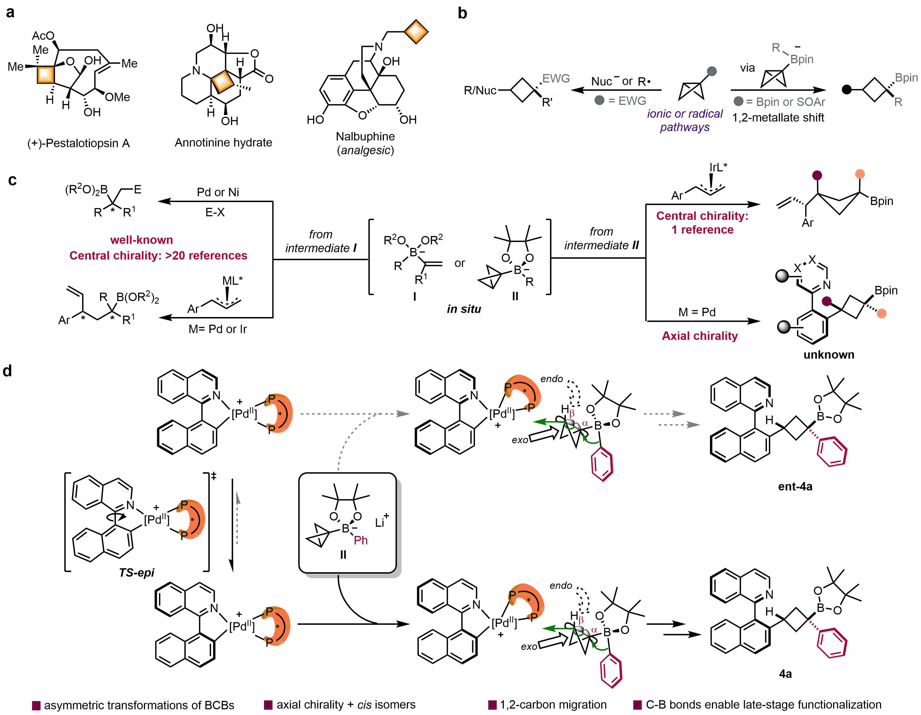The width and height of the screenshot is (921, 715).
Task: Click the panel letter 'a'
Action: [x=10, y=13]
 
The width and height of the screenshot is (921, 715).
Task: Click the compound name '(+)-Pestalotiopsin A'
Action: [x=78, y=143]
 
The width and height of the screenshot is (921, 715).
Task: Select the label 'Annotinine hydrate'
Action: [x=223, y=142]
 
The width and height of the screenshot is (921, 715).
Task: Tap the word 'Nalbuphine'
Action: [x=365, y=137]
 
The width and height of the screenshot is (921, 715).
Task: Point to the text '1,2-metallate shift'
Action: [x=778, y=118]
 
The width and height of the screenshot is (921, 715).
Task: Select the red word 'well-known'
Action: [x=142, y=240]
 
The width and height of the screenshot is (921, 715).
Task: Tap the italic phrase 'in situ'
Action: [x=464, y=309]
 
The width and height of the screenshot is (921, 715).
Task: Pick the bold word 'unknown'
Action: [x=829, y=355]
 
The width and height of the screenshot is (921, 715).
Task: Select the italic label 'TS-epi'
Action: [x=137, y=573]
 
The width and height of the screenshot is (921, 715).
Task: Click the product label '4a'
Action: [x=785, y=674]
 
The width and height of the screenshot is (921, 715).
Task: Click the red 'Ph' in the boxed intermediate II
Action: [x=361, y=540]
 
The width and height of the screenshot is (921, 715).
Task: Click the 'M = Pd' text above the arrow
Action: [x=697, y=312]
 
